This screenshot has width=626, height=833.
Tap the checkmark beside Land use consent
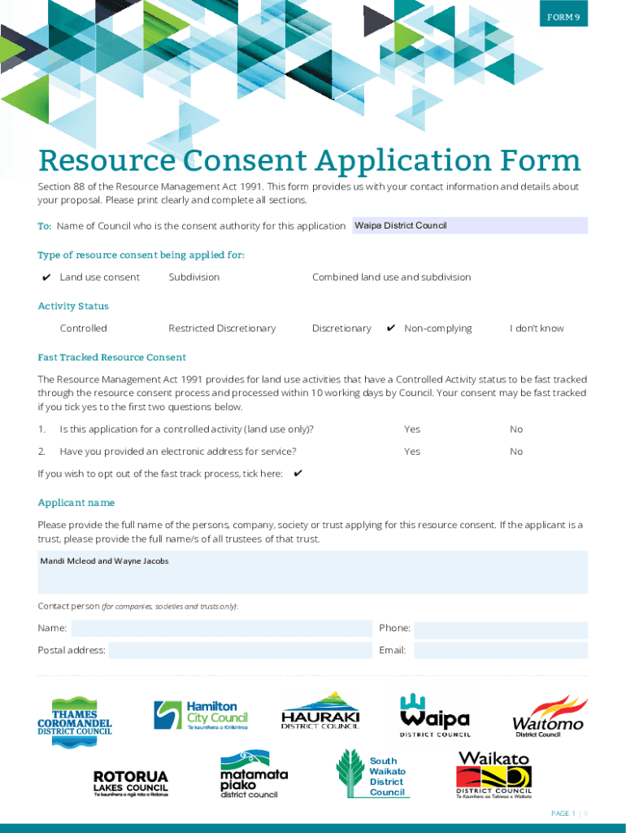(47, 277)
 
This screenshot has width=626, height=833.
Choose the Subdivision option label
(193, 277)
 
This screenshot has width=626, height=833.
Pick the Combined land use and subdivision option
(391, 277)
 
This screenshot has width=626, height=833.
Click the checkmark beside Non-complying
(391, 329)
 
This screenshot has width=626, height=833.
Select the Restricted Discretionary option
(222, 329)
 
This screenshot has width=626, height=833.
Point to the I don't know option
(537, 329)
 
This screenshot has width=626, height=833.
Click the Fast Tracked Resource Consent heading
(112, 357)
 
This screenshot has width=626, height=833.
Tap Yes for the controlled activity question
(412, 430)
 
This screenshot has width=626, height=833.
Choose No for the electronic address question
(516, 451)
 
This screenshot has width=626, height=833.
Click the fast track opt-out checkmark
(298, 473)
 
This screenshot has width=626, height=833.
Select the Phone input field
(501, 629)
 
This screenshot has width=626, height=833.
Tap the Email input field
(501, 650)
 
